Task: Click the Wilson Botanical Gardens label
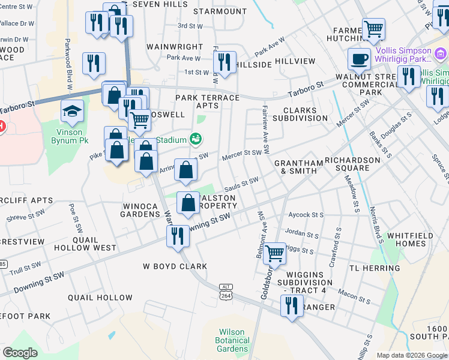(x=232, y=340)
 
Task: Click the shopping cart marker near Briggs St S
(x=274, y=253)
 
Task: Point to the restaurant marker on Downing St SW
(x=177, y=235)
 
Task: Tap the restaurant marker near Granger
(x=292, y=306)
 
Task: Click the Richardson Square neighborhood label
(x=352, y=164)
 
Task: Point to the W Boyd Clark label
(x=175, y=266)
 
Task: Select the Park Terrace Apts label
(x=207, y=101)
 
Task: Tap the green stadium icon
(x=195, y=139)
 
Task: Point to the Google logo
(x=20, y=353)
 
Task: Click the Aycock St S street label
(x=306, y=215)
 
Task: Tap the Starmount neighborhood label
(x=217, y=11)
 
